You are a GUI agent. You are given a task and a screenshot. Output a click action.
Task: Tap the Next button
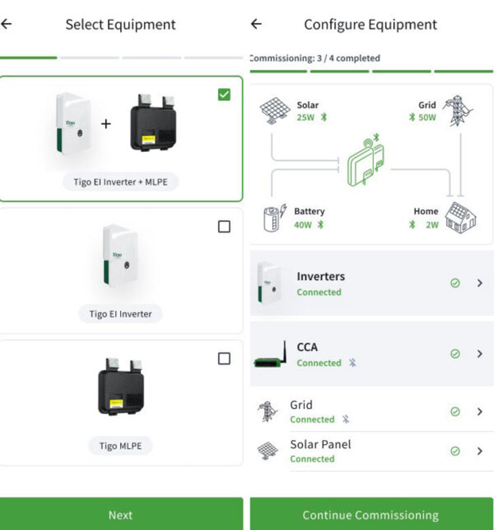click(121, 515)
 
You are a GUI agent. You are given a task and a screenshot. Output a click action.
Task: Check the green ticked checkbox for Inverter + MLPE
click(224, 95)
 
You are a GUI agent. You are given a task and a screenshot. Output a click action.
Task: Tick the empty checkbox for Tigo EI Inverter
click(224, 227)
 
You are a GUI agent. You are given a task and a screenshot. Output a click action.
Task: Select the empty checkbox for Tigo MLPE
click(224, 359)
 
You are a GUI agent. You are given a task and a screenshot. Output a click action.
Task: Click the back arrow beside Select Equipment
click(7, 24)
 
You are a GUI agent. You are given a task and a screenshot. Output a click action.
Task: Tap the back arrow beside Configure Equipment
click(256, 24)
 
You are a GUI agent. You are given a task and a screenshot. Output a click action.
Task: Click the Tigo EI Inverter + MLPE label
click(120, 182)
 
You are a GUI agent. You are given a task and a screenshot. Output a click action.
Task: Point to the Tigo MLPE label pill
click(120, 446)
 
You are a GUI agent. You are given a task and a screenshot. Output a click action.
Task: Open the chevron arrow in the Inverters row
click(480, 283)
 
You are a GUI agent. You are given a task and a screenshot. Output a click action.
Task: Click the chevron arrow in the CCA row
click(480, 354)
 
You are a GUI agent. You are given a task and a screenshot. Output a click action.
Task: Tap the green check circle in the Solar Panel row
click(455, 451)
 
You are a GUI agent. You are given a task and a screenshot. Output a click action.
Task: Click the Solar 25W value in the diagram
click(305, 117)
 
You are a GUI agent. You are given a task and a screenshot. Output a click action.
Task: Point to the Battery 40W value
click(303, 225)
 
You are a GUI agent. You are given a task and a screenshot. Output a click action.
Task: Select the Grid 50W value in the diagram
click(427, 117)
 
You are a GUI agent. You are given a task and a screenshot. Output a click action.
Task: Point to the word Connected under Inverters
click(319, 292)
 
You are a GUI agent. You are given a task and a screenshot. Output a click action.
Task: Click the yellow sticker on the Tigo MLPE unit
click(116, 403)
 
